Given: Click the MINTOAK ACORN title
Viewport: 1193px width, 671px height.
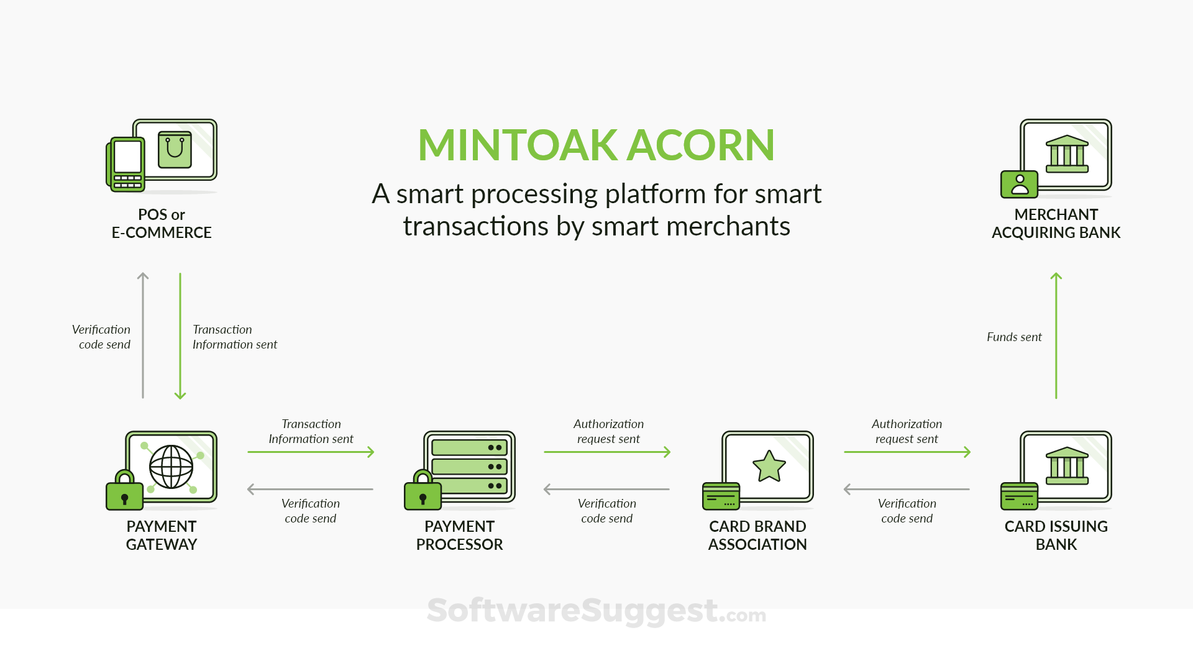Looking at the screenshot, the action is pos(596,145).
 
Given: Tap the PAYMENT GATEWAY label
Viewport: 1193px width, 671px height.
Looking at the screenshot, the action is pos(162,536).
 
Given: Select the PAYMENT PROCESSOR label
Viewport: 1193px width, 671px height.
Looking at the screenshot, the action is pos(460,536).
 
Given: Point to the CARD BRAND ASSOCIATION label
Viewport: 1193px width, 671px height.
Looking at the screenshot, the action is pos(757,536).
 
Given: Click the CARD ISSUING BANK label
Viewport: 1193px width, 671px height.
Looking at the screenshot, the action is pos(1056,536).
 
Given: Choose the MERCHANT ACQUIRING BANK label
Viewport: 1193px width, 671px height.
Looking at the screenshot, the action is pos(1056,224).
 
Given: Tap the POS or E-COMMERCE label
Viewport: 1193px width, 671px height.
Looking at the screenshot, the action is pos(162,224).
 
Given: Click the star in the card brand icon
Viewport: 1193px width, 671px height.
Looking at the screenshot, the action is pos(769,466).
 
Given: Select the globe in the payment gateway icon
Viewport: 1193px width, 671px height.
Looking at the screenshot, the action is pos(171,467).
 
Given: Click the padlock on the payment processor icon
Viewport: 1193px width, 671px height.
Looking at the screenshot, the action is pos(423,490).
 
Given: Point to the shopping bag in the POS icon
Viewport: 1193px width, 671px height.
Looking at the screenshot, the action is pos(175,150).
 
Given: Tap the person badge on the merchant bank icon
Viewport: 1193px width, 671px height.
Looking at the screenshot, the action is pos(1020,185).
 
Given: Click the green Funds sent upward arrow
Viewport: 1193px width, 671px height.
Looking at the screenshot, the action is pos(1056,335).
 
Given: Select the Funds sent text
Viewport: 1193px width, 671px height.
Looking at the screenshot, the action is pos(1014,337).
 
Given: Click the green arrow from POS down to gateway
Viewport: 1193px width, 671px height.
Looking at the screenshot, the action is pos(180,335).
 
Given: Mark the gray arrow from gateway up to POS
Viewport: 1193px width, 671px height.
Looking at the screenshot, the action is pos(143,335).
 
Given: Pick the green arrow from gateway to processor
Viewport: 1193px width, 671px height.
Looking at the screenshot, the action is pos(311,452).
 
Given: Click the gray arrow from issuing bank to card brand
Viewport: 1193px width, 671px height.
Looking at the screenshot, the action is pos(907,489).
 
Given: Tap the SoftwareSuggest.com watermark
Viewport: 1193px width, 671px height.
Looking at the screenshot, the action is pos(596,611).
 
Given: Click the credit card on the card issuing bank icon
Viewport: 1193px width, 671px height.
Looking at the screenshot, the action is pos(1020,496).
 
